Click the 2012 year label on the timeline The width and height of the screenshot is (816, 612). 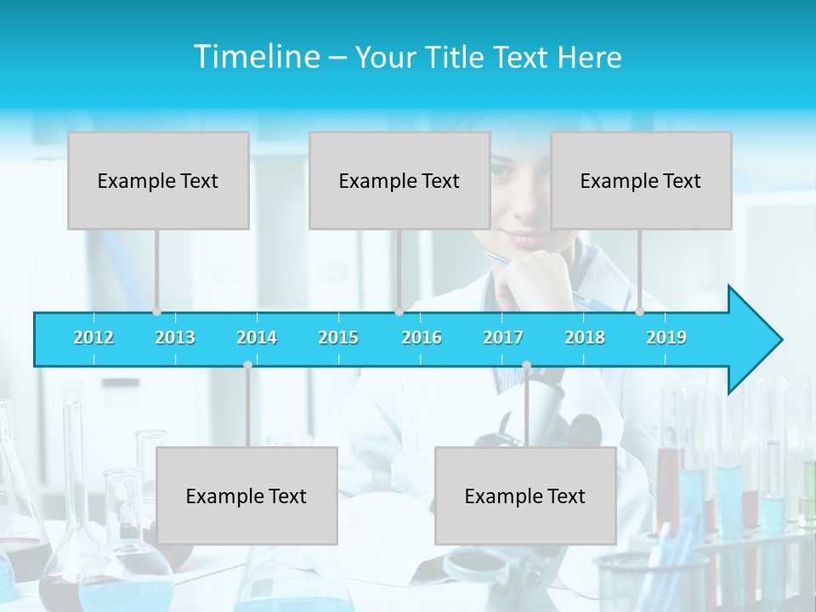(x=93, y=338)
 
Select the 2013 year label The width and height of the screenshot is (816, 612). (x=175, y=338)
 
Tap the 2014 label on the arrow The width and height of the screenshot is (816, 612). (x=257, y=338)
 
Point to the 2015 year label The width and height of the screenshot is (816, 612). (x=338, y=338)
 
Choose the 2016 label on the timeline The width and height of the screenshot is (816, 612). (x=422, y=338)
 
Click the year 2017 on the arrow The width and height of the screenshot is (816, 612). (x=503, y=338)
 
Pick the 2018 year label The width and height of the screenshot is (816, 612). (x=585, y=338)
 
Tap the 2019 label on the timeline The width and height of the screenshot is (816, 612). (x=666, y=338)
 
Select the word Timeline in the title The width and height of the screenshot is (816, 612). (x=256, y=57)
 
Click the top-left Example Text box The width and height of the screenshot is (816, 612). (x=158, y=181)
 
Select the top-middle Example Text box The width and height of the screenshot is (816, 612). (x=399, y=181)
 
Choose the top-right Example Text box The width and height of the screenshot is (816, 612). (x=641, y=181)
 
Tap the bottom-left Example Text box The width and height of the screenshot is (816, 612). (x=246, y=496)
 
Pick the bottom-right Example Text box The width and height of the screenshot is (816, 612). (x=525, y=496)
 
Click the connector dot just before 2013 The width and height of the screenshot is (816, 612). (x=156, y=311)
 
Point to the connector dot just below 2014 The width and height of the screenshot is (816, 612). (x=247, y=365)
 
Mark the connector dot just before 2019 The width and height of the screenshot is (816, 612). (x=639, y=311)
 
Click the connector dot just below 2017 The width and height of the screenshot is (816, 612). (x=526, y=365)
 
